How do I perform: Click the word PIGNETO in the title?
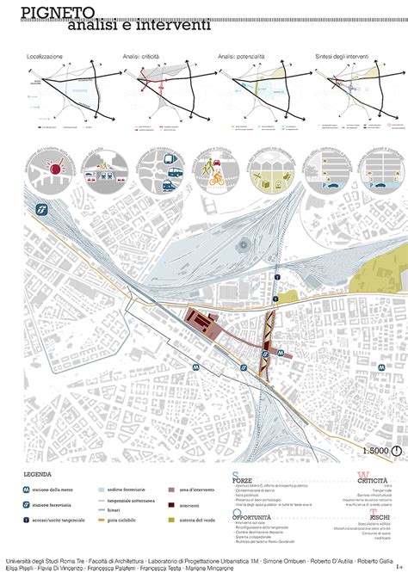click(x=48, y=11)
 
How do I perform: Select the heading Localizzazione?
click(x=45, y=56)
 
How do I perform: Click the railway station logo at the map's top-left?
click(x=40, y=209)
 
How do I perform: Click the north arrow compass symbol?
click(x=397, y=448)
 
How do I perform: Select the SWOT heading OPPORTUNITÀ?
click(x=253, y=517)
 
